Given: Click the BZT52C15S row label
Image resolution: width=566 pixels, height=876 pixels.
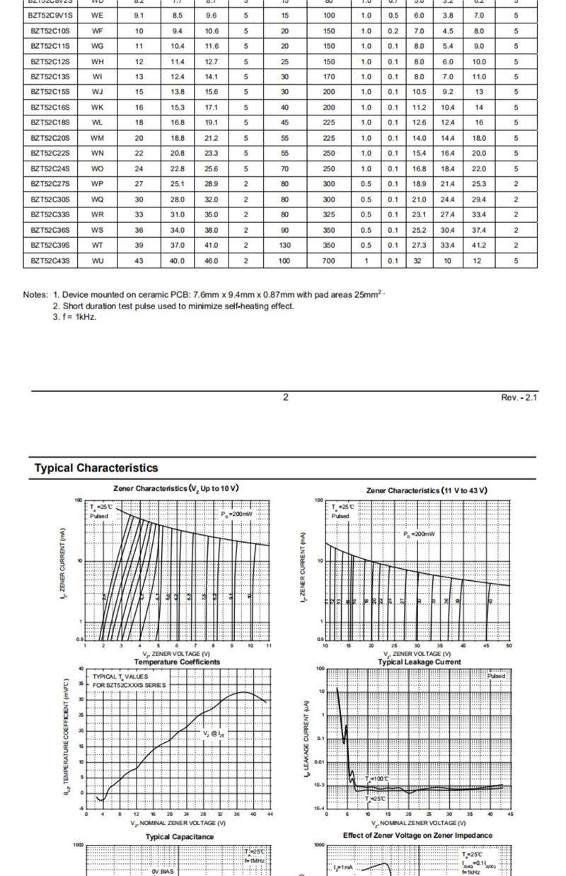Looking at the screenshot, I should (50, 92).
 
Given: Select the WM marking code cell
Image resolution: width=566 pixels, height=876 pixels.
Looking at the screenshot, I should (98, 138).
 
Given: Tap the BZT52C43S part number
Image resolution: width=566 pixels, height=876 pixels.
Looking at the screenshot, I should (50, 261).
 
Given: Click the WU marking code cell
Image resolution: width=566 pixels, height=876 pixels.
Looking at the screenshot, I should (98, 261).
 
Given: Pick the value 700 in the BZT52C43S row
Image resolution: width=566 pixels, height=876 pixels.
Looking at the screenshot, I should (329, 261).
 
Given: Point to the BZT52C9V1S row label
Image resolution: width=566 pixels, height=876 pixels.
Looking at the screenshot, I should (50, 15).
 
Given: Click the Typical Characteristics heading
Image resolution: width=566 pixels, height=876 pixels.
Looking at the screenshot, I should (96, 468).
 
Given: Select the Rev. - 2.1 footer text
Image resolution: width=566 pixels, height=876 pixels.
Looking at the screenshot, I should (519, 398).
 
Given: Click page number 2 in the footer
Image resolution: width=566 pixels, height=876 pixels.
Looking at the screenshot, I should (286, 398).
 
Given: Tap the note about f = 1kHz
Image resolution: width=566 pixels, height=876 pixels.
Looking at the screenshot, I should (74, 317).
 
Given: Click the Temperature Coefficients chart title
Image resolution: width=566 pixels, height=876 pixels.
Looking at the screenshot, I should (177, 662).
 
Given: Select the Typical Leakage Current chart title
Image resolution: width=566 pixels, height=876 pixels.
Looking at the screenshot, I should (420, 662).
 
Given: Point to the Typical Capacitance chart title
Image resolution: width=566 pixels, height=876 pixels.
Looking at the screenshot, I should (180, 837).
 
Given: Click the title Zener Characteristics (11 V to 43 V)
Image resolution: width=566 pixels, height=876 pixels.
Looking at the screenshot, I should (427, 490).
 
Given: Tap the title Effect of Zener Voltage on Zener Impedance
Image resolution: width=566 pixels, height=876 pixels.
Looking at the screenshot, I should (417, 836).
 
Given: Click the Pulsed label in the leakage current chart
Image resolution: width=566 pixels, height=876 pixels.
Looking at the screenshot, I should (497, 676).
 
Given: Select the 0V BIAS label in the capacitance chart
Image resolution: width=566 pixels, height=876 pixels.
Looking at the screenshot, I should (162, 871).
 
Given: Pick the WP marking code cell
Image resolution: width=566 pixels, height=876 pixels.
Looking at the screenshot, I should (98, 184).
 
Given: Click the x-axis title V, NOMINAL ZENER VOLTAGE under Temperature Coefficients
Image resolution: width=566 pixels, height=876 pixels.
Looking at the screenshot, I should (178, 824).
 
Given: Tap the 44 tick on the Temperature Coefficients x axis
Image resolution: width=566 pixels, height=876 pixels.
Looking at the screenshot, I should (270, 814).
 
